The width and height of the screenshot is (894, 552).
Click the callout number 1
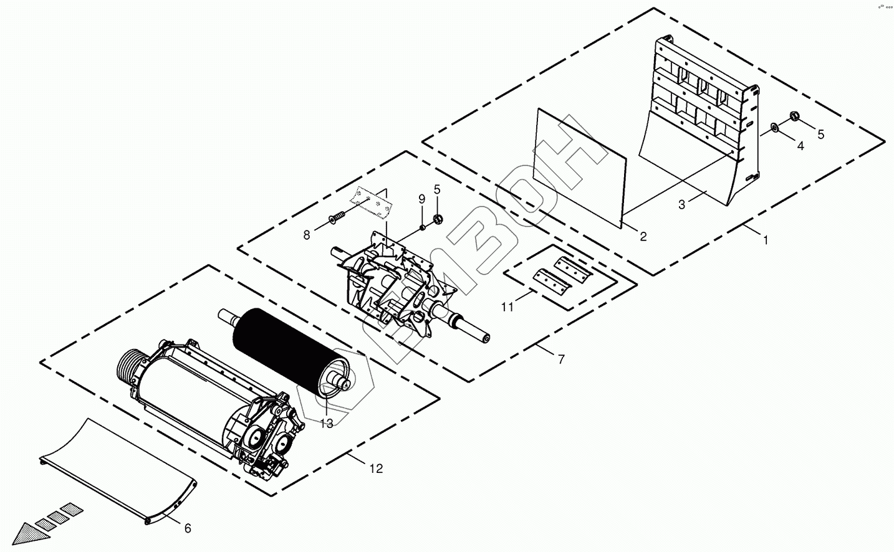766,239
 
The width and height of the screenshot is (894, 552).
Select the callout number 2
643,237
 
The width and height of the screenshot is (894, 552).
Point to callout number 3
681,205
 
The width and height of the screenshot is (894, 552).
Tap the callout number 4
800,146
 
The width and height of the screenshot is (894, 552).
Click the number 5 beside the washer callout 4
820,134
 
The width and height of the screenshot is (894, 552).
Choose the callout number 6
188,528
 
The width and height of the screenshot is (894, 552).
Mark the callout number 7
560,359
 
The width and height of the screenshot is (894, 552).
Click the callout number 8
307,235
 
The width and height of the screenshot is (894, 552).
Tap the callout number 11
508,306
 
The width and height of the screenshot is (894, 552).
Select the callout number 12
376,469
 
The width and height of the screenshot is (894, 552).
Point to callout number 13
327,424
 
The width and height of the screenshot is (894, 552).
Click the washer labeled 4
774,128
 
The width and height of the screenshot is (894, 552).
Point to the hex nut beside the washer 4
795,116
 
